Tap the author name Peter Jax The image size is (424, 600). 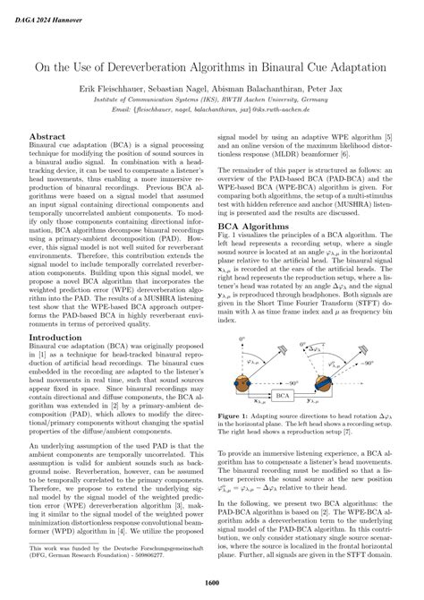(x=327, y=91)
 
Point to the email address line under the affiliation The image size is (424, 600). (x=212, y=115)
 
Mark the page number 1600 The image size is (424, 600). (x=212, y=583)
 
